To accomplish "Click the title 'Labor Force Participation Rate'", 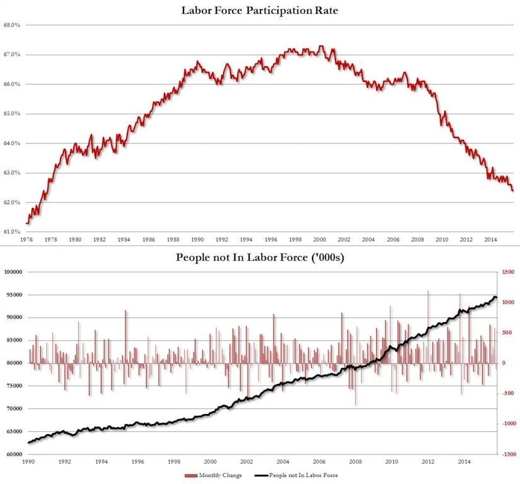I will pyautogui.click(x=260, y=11).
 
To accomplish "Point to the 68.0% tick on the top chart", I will pyautogui.click(x=13, y=25).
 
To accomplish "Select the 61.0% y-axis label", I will pyautogui.click(x=13, y=232).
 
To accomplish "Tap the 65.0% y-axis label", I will pyautogui.click(x=13, y=114).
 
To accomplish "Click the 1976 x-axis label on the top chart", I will pyautogui.click(x=26, y=240).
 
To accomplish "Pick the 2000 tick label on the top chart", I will pyautogui.click(x=320, y=240).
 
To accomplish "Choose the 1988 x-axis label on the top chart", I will pyautogui.click(x=173, y=240).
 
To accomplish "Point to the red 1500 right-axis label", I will pyautogui.click(x=506, y=272).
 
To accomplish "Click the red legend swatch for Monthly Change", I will pyautogui.click(x=190, y=476).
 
